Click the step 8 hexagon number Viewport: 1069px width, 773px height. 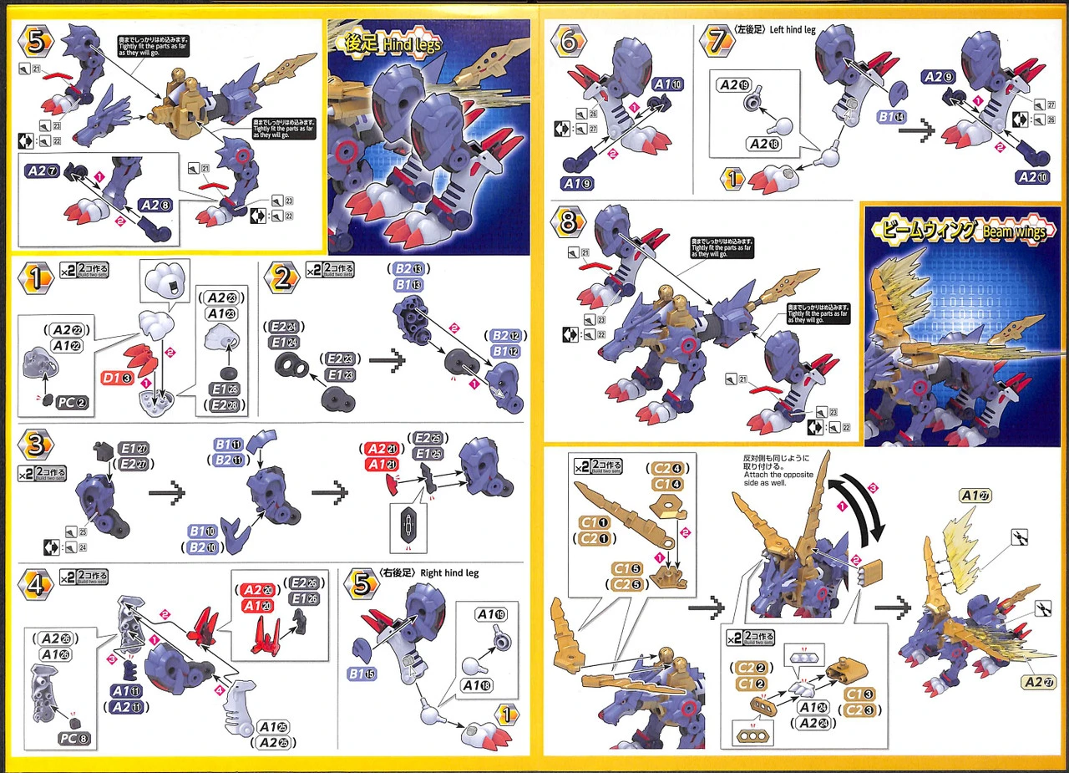click(x=568, y=223)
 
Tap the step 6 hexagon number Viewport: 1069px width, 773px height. click(x=568, y=42)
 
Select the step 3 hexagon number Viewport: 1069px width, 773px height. click(x=36, y=445)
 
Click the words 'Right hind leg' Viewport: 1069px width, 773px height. click(x=454, y=573)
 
